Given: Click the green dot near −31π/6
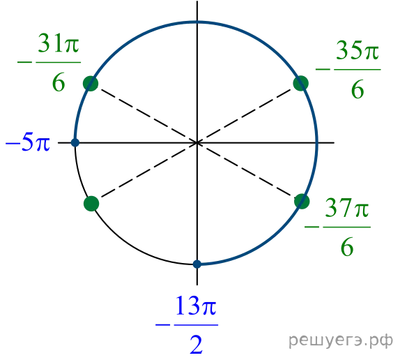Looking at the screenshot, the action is pos(91,84).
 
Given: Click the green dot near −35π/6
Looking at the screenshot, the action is pos(301,84).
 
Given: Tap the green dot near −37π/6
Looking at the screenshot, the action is pos(302,201).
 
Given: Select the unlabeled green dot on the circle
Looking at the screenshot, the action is pos(91,204).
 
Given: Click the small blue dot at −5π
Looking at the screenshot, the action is pos(75,142).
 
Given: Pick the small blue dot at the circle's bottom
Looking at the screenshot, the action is pos(197,264).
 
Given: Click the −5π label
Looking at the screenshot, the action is pos(28,143).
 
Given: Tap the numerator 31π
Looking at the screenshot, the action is pos(59,43).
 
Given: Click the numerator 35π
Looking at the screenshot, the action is pos(357,50).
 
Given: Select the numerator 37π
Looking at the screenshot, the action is pos(347,207).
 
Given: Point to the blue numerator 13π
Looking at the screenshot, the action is pos(196,306).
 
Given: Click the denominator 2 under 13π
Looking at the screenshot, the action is pos(196,345).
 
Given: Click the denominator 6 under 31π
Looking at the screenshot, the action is pos(59,82).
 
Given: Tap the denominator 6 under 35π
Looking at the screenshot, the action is pos(358,90).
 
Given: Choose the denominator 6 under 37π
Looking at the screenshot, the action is pos(347,247).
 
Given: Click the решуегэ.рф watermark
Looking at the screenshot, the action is pos(341,340).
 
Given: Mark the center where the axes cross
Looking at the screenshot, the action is pos(197,142).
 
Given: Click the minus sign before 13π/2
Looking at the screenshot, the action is pos(163,325).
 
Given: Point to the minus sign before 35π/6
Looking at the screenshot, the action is pos(323,69).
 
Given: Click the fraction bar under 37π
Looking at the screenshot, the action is pos(347,227).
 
